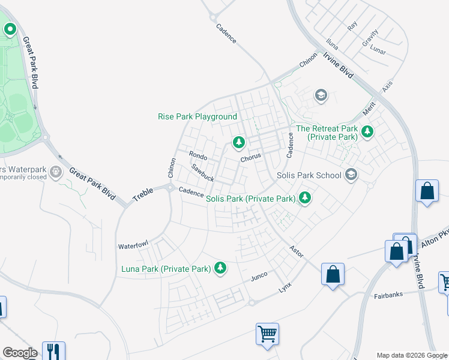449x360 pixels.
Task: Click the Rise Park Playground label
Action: [197, 116]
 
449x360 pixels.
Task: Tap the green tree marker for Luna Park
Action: [221, 268]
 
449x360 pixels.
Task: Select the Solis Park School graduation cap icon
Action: [351, 175]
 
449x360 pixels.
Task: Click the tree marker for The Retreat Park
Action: [367, 131]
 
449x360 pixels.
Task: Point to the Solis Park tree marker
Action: [305, 197]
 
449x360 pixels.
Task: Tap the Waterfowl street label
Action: [133, 246]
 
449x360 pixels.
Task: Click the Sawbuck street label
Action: [203, 173]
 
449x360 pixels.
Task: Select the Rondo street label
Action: [198, 156]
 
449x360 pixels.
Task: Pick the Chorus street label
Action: [251, 158]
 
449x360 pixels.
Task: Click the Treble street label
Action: [143, 194]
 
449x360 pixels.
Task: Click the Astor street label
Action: [297, 251]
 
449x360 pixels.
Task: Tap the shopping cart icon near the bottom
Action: [267, 333]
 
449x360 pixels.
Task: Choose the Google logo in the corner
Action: [20, 353]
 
